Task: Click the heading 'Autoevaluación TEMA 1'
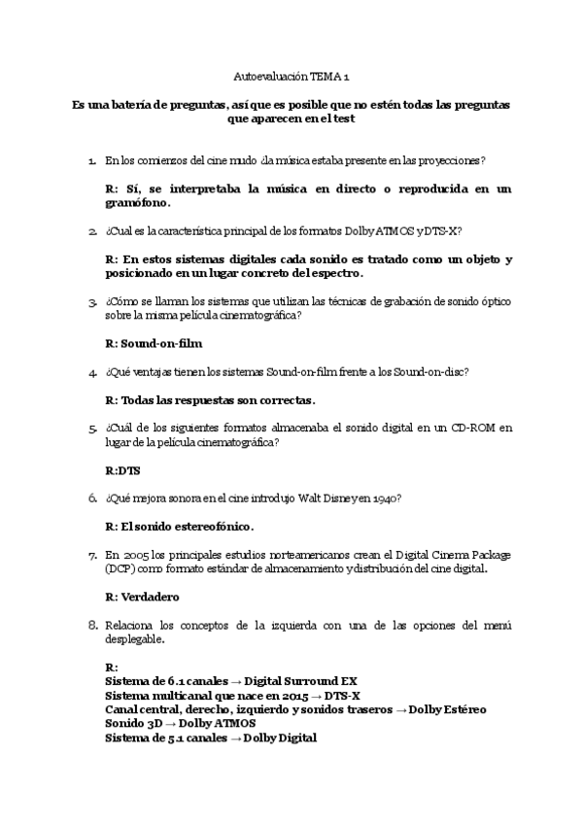[x=291, y=75]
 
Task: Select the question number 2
[x=92, y=232]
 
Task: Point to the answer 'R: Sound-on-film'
[x=153, y=343]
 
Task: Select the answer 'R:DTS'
[x=122, y=469]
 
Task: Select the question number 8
[x=93, y=624]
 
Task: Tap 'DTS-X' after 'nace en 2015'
[x=342, y=696]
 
